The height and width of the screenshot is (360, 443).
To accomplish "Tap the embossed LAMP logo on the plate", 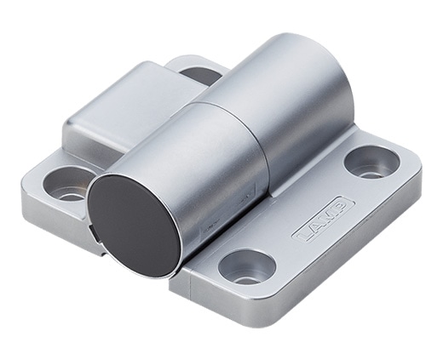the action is pos(323,222).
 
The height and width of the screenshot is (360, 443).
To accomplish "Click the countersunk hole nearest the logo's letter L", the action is pos(247,266).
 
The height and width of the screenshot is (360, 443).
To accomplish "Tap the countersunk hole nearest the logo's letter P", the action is pos(372,163).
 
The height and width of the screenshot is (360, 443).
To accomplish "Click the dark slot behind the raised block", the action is pos(202,75).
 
